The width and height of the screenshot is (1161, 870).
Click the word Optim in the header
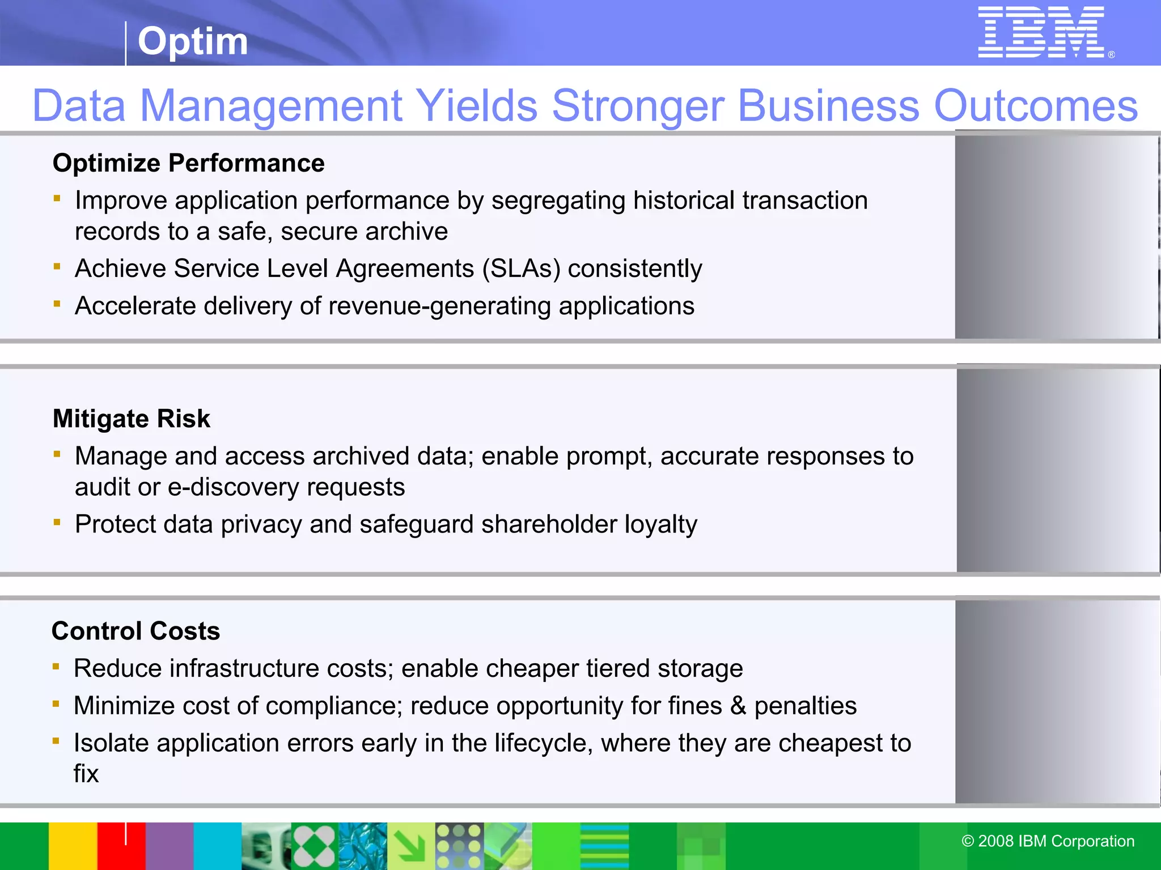click(193, 41)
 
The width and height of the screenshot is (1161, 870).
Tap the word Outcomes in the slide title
click(1035, 105)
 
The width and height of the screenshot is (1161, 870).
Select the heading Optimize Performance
click(188, 163)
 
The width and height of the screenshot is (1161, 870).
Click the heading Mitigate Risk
click(131, 419)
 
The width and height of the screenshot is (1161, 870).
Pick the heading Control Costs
click(135, 631)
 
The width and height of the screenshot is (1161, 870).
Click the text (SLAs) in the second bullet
click(521, 268)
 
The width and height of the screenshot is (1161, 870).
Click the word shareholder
click(549, 524)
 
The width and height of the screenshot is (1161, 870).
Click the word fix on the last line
click(86, 774)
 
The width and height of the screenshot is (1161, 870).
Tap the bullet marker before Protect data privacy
click(57, 522)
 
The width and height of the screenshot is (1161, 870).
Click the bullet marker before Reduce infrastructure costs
click(56, 667)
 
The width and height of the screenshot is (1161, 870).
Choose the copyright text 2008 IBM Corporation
click(1048, 841)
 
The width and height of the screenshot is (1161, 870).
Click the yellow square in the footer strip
click(73, 846)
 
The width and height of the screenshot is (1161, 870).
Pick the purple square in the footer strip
click(170, 846)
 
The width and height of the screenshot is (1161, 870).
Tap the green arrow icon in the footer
click(411, 846)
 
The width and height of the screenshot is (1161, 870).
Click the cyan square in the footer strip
click(218, 846)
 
